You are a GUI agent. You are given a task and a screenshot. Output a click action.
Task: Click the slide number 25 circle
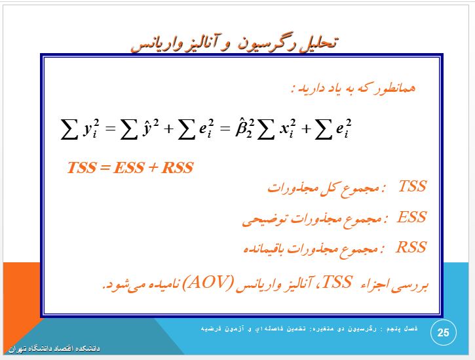pyautogui.click(x=443, y=332)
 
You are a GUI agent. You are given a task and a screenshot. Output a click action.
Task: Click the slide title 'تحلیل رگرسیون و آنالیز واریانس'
pyautogui.click(x=234, y=45)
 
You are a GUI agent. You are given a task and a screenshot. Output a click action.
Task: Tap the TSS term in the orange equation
pyautogui.click(x=81, y=167)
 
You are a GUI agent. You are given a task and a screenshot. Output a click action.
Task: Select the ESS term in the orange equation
pyautogui.click(x=129, y=167)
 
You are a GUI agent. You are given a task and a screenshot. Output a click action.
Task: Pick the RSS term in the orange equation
pyautogui.click(x=178, y=167)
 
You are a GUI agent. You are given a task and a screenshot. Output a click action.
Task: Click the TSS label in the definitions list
pyautogui.click(x=413, y=186)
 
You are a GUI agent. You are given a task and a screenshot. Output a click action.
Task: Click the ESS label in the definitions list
pyautogui.click(x=411, y=217)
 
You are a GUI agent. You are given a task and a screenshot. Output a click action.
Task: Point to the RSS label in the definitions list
pyautogui.click(x=411, y=247)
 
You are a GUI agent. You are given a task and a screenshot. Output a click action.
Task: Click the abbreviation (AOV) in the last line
pyautogui.click(x=208, y=283)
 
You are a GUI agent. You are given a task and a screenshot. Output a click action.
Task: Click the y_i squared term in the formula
pyautogui.click(x=91, y=129)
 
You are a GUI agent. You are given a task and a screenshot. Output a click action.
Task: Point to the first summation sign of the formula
pyautogui.click(x=69, y=129)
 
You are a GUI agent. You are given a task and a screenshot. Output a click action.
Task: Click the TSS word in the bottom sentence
pyautogui.click(x=337, y=282)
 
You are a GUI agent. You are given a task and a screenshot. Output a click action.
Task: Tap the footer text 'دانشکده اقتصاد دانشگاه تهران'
pyautogui.click(x=54, y=348)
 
